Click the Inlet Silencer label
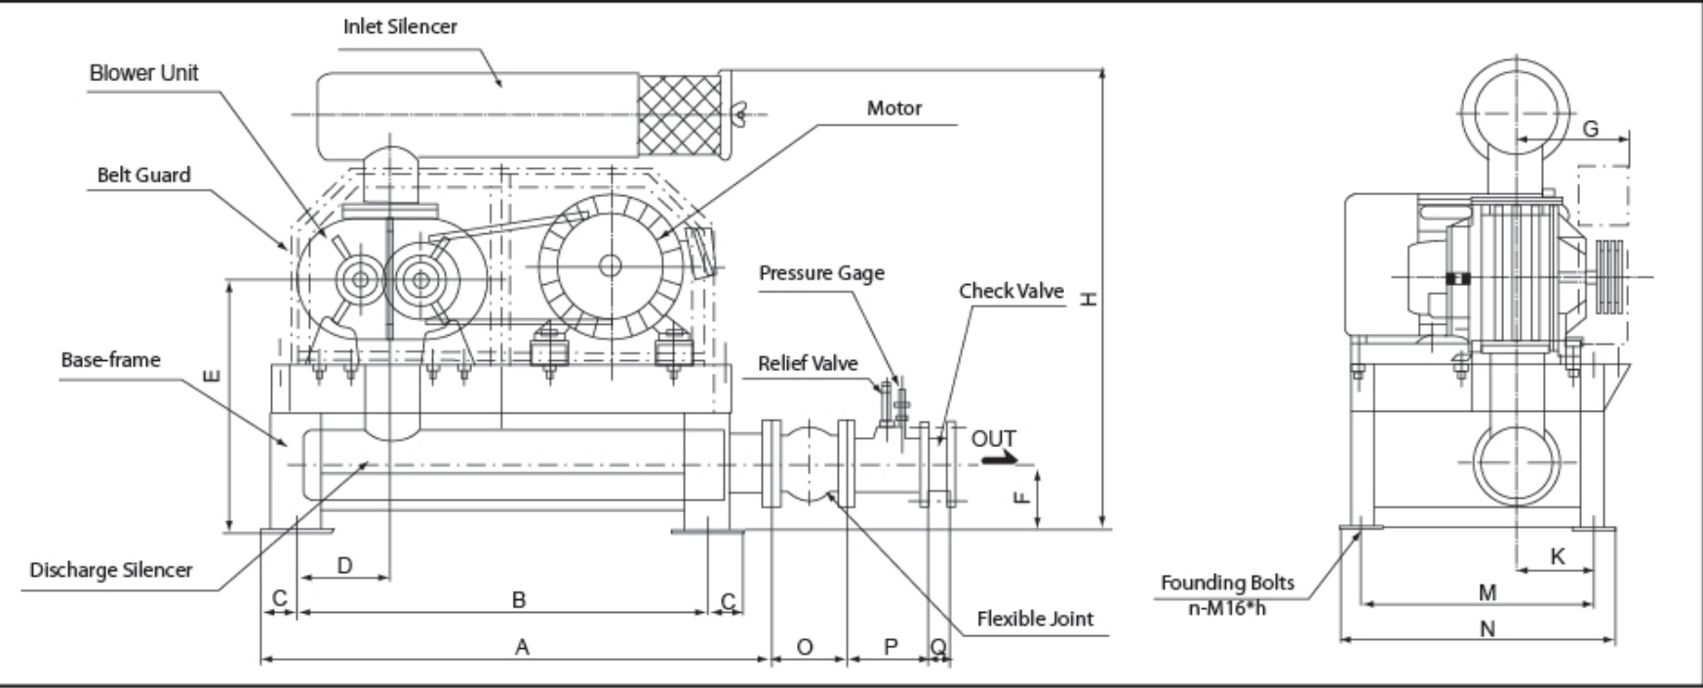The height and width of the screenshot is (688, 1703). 400,26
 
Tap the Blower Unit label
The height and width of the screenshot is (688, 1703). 143,73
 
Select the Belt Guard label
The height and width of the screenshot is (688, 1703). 143,176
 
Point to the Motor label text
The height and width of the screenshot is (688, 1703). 893,108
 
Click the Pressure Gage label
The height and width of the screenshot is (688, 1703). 821,273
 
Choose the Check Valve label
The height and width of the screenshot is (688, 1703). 1010,291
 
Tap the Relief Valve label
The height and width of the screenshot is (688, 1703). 808,364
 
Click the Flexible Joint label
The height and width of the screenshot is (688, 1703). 1035,619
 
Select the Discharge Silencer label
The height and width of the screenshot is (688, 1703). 110,570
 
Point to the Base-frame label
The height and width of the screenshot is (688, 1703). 110,360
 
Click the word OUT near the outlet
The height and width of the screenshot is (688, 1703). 993,439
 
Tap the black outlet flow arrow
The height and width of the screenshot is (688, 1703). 999,459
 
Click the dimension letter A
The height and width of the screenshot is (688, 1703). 522,647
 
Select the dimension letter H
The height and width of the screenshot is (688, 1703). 1089,298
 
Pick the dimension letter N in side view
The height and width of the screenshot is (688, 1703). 1486,629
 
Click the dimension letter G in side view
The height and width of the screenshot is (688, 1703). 1590,129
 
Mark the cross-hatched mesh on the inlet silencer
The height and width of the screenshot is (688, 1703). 680,114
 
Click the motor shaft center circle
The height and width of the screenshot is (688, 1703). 611,264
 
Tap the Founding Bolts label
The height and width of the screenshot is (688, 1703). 1227,584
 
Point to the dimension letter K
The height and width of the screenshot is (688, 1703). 1557,556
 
